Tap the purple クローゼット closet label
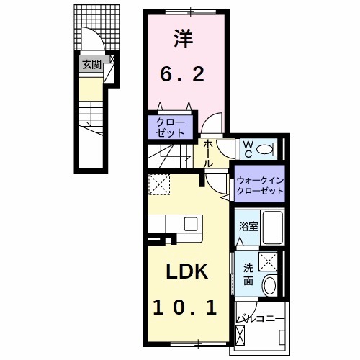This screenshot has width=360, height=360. pos(172,127)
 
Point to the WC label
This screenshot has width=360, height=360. pos(246,150)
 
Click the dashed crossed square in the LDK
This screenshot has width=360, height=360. pos(159,186)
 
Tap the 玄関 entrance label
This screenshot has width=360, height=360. pos(91,65)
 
